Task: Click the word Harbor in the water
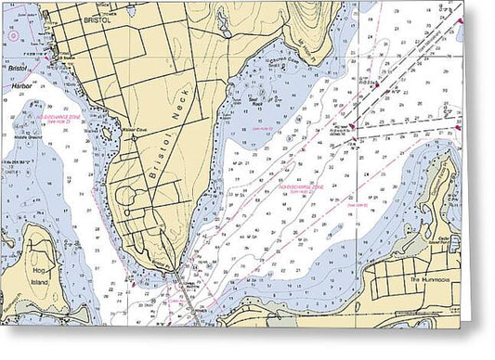click(x=20, y=85)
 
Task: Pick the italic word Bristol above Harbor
click(x=17, y=68)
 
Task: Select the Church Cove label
click(x=280, y=83)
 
